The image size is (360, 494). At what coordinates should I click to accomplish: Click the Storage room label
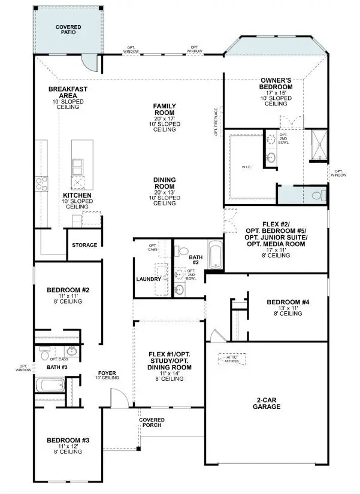[84, 246]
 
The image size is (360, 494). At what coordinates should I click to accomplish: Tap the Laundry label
[148, 279]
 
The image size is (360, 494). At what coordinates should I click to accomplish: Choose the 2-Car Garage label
[267, 402]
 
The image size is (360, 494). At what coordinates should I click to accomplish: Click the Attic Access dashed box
[231, 357]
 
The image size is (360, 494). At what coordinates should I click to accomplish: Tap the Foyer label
[108, 375]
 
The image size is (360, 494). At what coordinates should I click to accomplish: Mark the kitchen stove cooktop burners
[43, 183]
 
